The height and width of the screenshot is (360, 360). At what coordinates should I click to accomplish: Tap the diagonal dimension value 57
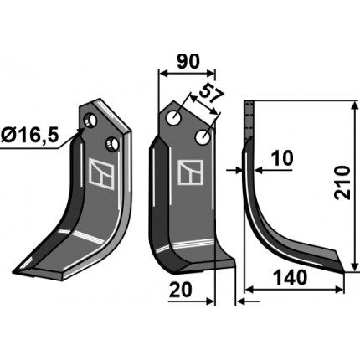pyautogui.click(x=212, y=95)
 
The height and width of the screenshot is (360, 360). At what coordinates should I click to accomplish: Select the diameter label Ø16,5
pyautogui.click(x=29, y=136)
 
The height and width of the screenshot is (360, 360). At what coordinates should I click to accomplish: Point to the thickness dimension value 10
pyautogui.click(x=283, y=158)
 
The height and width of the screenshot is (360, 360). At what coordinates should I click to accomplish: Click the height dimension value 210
pyautogui.click(x=342, y=183)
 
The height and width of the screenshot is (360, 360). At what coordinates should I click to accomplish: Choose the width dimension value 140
pyautogui.click(x=290, y=278)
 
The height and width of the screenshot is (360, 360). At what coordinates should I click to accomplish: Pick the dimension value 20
pyautogui.click(x=181, y=290)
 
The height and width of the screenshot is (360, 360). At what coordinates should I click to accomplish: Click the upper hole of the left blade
pyautogui.click(x=90, y=121)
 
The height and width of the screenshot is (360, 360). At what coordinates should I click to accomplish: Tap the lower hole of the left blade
pyautogui.click(x=112, y=144)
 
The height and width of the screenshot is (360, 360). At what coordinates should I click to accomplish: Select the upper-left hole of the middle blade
pyautogui.click(x=173, y=118)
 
